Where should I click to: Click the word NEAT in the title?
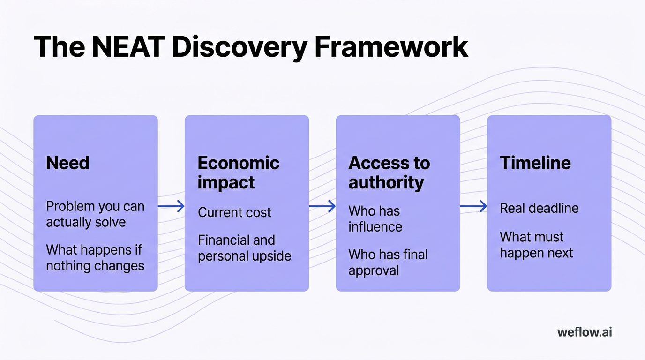pos(128,47)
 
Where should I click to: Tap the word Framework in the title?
pos(390,47)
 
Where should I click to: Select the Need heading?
pos(67,163)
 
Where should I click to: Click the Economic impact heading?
pos(238,172)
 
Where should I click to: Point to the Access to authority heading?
pos(389,172)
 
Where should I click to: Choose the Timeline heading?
pos(535,163)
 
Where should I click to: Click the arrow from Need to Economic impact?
pos(171,206)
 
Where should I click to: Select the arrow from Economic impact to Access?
pos(322,206)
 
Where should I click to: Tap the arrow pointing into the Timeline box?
pos(473,206)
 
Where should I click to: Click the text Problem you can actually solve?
pos(95,214)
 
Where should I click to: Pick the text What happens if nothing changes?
pos(95,258)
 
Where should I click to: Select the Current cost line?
pos(234,212)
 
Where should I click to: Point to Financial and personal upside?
pos(244,248)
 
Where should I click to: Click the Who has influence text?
pos(375,219)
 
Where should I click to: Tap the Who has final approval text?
pos(388,262)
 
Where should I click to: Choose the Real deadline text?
pos(539,208)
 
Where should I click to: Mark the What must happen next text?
pos(536,245)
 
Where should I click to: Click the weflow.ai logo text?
pos(585,332)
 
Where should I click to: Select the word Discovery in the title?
pos(240,47)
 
